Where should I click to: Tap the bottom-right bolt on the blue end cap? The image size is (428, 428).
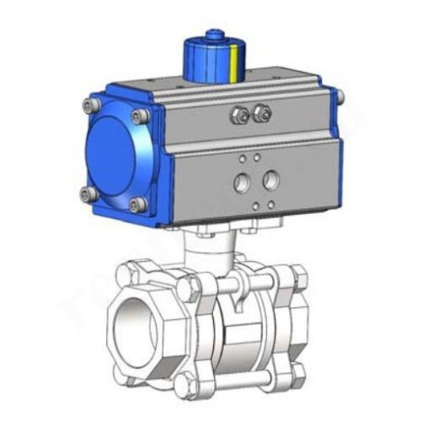click(x=137, y=205)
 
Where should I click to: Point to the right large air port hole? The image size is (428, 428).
click(x=271, y=180)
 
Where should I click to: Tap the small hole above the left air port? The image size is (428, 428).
click(x=244, y=158)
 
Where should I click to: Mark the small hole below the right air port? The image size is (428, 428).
click(x=270, y=204)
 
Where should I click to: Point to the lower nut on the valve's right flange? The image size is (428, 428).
click(x=296, y=372)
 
